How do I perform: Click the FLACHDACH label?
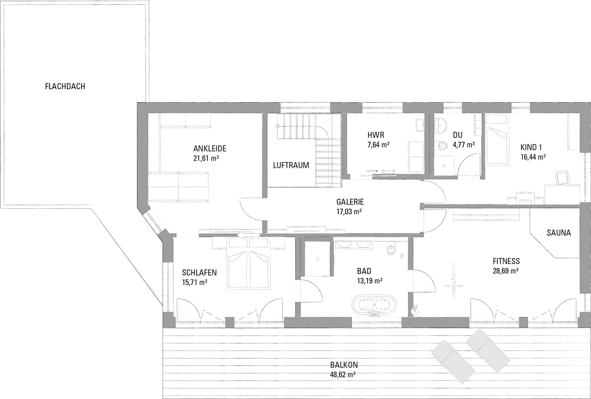click(65, 86)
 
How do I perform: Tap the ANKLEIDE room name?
click(210, 149)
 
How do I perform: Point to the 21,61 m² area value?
click(206, 158)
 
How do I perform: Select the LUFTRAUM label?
click(291, 165)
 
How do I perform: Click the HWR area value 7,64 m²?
click(378, 145)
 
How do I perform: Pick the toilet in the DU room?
click(441, 147)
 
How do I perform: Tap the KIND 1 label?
click(531, 147)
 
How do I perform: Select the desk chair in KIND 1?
click(561, 178)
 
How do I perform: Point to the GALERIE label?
click(350, 202)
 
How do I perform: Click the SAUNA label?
click(559, 233)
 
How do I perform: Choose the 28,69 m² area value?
click(506, 271)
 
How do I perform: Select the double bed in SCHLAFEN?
click(248, 263)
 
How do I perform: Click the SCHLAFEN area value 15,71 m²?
click(194, 282)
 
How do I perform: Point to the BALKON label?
click(344, 365)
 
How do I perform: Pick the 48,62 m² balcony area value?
click(343, 375)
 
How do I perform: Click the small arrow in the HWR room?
click(372, 170)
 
